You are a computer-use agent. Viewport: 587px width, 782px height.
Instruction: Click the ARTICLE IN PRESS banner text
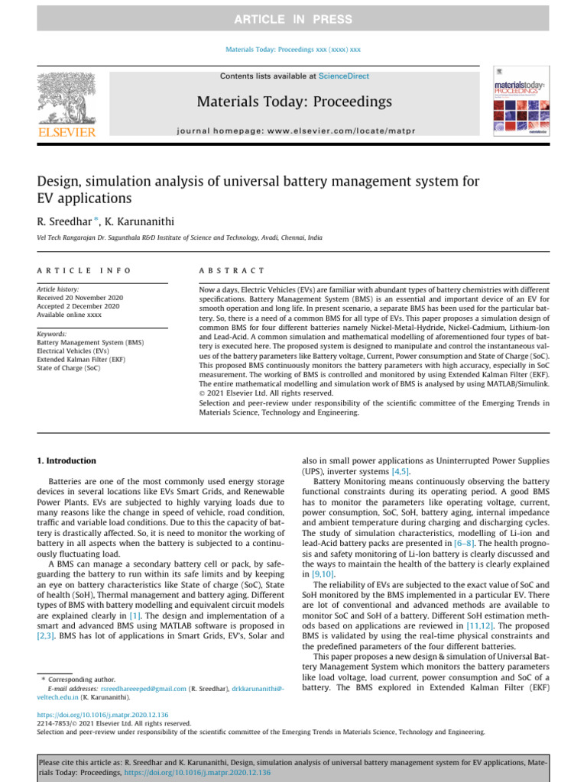coord(293,19)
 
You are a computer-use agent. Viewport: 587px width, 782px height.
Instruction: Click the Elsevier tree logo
coord(66,99)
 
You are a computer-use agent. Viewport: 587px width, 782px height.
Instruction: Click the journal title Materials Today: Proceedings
coord(294,102)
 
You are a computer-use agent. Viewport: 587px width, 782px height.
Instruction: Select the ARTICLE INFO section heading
coord(84,270)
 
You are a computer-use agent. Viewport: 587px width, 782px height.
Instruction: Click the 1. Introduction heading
coord(67,461)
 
